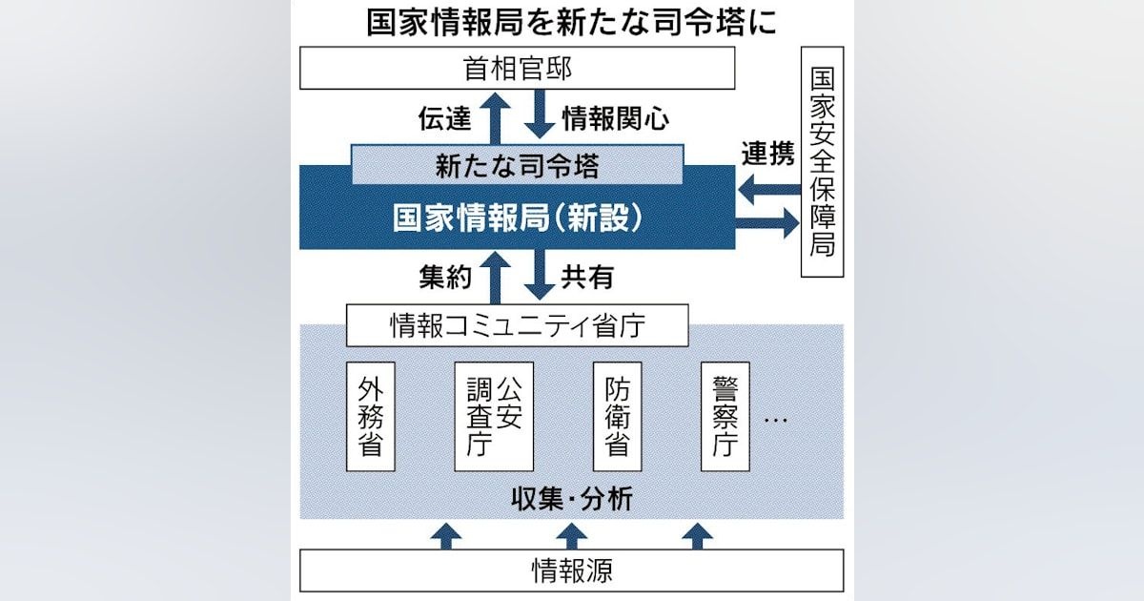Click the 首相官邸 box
518,69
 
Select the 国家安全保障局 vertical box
822,161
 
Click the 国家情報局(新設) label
518,218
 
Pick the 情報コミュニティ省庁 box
518,326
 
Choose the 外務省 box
371,417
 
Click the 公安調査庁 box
494,417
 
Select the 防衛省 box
617,417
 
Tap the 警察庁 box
725,417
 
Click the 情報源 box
571,570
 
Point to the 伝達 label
444,118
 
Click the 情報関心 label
615,118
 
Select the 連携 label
768,155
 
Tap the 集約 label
444,277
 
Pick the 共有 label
587,277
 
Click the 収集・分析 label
571,498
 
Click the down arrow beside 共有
540,275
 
